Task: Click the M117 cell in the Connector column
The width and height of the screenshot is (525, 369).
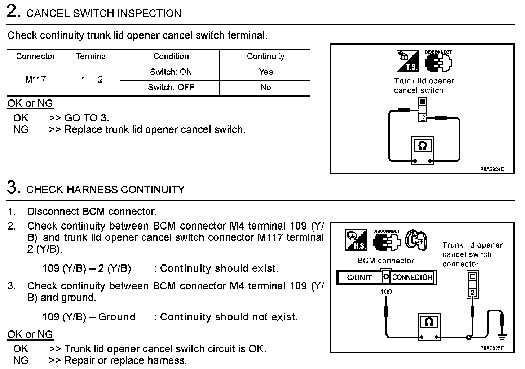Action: pos(35,80)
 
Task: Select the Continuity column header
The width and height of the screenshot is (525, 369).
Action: pos(265,57)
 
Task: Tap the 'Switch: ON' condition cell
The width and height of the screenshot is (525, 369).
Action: pos(171,72)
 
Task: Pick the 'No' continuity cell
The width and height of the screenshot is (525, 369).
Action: pos(265,87)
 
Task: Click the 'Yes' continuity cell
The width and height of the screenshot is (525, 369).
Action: pos(265,72)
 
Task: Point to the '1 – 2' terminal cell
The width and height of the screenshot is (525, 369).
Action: pos(92,80)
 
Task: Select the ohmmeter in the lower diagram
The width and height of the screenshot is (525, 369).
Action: pos(429,326)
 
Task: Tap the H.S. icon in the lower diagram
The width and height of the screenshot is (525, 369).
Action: pos(356,240)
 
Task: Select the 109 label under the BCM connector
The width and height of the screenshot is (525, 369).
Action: pos(386,291)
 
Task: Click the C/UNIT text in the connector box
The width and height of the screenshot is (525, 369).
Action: pos(359,277)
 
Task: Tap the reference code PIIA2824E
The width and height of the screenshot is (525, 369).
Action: pos(491,169)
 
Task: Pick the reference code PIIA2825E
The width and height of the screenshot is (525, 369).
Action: pos(491,348)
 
